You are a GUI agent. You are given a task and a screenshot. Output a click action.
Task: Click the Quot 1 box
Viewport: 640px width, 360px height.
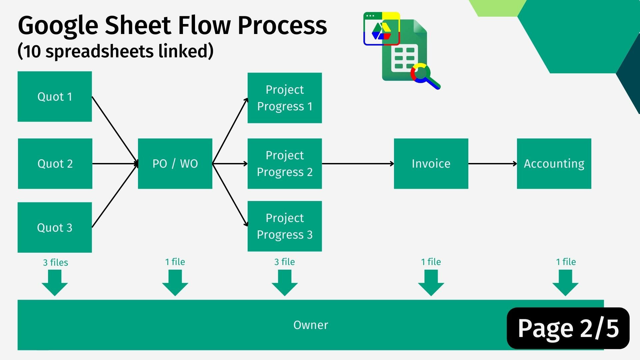(55, 96)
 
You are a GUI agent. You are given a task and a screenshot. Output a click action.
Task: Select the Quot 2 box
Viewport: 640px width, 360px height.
(55, 164)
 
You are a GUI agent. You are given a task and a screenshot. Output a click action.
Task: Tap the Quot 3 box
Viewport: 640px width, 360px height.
(55, 227)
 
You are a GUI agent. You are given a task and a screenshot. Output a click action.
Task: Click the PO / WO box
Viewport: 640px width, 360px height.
(175, 164)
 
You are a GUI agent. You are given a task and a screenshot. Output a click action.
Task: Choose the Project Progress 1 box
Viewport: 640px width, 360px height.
(285, 98)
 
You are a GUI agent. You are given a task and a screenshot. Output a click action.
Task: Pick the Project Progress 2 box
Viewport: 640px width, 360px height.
(285, 164)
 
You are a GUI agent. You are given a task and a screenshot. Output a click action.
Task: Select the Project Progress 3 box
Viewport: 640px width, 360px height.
(285, 226)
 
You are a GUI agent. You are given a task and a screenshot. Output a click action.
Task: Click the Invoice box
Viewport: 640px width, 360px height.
(431, 164)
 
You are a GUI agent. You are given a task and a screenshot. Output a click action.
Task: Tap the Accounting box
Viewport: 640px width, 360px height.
(554, 164)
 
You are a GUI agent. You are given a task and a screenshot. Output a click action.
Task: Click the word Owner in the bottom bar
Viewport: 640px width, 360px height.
(311, 325)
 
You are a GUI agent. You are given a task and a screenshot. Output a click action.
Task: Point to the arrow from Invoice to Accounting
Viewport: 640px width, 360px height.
(493, 164)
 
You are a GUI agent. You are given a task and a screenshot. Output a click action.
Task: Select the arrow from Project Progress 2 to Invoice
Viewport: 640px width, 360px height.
(358, 164)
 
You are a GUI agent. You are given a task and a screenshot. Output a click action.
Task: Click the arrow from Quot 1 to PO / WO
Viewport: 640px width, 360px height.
(115, 130)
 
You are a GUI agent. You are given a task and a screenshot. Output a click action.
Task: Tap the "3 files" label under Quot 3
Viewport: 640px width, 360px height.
(55, 262)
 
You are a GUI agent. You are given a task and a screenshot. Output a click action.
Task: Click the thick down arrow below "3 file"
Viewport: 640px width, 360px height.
(285, 283)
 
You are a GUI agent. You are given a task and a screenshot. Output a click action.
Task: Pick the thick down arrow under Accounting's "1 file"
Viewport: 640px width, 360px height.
(565, 283)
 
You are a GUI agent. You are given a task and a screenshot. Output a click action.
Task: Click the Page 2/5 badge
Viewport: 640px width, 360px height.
(568, 328)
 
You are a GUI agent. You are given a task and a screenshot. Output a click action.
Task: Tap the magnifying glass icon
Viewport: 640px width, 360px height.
(425, 76)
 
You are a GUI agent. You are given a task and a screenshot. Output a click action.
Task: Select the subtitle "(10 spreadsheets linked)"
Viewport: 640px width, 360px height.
(115, 51)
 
